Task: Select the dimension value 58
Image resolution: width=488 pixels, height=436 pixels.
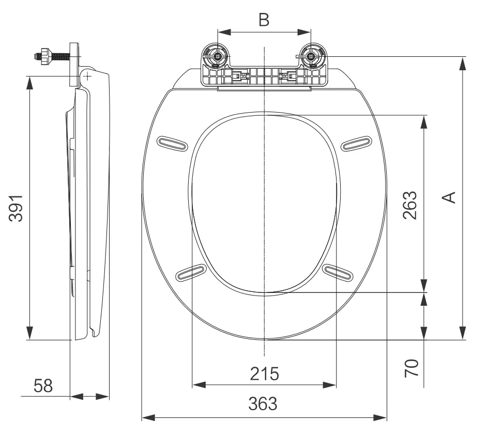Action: [43, 386]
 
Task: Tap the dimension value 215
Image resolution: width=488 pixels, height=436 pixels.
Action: [264, 373]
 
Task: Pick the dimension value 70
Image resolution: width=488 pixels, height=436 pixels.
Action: [411, 368]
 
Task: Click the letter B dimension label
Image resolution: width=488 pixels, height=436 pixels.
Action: [264, 20]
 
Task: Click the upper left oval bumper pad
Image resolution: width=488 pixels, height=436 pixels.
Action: [172, 144]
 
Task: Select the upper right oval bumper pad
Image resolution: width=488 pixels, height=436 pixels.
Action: [356, 143]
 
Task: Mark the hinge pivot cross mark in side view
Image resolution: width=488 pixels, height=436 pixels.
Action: [87, 76]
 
